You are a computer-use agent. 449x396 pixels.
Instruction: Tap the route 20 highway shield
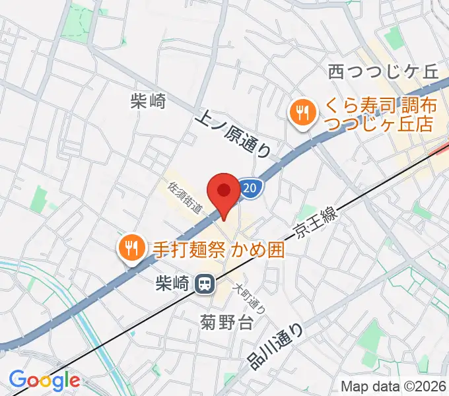(248, 189)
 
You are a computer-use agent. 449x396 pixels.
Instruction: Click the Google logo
(44, 381)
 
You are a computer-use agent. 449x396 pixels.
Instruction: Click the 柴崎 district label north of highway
(148, 101)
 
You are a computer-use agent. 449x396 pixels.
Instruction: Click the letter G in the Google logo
(18, 380)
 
